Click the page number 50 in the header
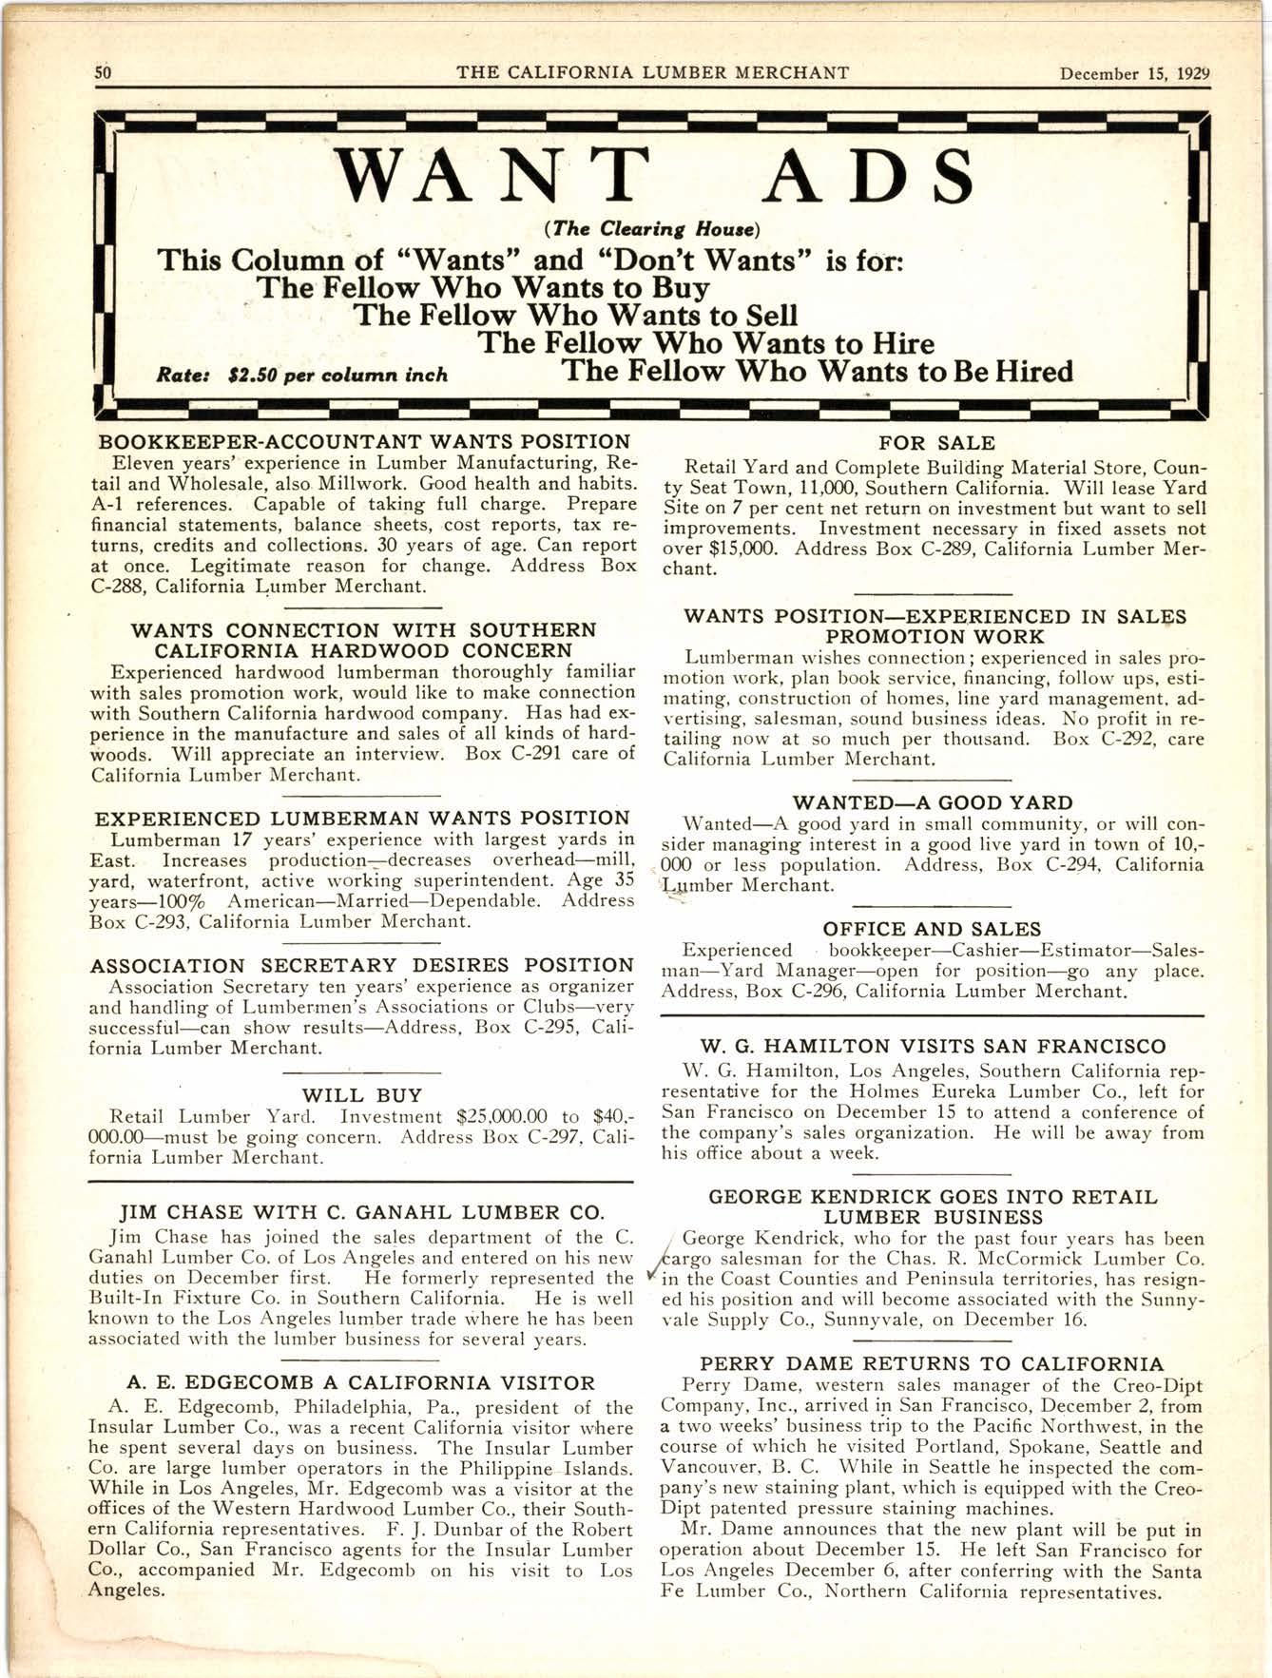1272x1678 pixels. point(104,73)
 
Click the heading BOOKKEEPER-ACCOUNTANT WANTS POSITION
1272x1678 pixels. point(364,442)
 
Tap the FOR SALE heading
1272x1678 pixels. point(936,443)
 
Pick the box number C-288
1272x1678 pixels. point(116,587)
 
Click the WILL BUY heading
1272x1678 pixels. point(361,1095)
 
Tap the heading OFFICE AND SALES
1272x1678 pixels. point(932,929)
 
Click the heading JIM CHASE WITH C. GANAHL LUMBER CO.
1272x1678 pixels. point(360,1212)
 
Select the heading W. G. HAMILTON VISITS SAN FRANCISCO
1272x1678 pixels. point(932,1048)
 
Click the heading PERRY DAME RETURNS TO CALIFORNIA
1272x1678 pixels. point(932,1364)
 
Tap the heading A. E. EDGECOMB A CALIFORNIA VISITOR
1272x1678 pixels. point(360,1383)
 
